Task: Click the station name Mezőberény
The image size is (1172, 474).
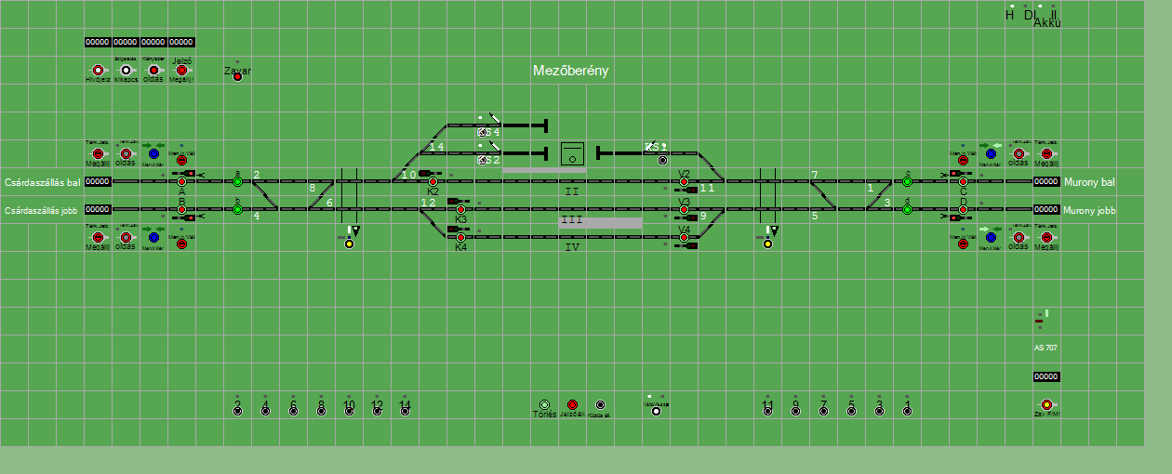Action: (570, 71)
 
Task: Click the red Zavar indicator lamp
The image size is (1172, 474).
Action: (237, 76)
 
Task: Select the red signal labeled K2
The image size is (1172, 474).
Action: (433, 181)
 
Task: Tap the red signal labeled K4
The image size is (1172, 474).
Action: (460, 237)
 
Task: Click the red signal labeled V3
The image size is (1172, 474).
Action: (684, 209)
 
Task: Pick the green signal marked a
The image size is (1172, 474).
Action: (237, 181)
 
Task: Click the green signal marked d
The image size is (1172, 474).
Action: (907, 209)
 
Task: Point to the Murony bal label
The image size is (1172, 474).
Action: (1088, 182)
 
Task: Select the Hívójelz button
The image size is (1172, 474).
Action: (98, 70)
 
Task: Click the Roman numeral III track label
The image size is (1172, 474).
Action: (571, 220)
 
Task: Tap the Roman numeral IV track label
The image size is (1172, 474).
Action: (571, 247)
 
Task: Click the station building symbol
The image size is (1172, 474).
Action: (571, 153)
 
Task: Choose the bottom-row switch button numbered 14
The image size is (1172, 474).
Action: (405, 410)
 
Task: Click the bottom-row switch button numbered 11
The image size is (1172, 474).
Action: (767, 410)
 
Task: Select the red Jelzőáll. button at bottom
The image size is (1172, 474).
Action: (572, 405)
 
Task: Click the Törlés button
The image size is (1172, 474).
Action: (544, 405)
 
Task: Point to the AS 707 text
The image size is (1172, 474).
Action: (1045, 348)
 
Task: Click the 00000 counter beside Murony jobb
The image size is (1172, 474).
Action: (1046, 209)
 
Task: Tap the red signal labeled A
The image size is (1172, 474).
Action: (181, 181)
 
